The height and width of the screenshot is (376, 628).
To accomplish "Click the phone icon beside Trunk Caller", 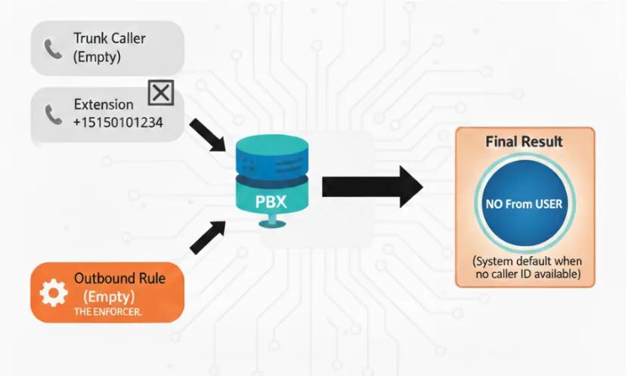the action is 53,49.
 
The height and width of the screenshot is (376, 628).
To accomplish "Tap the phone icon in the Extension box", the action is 53,115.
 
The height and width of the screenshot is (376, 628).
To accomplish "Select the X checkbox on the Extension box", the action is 161,93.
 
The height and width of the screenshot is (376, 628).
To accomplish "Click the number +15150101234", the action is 118,122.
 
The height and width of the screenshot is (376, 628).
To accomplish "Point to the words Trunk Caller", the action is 110,39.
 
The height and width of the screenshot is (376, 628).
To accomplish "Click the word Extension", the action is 104,104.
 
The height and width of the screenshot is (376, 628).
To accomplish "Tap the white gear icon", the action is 54,293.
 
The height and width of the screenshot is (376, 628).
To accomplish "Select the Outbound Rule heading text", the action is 119,278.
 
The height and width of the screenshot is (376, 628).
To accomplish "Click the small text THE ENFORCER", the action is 108,312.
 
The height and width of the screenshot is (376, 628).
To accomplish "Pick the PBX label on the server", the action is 271,202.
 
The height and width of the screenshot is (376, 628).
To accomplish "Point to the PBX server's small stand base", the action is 272,221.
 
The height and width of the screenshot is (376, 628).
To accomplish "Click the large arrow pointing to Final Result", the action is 373,186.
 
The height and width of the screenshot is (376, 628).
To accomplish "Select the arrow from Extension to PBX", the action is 209,135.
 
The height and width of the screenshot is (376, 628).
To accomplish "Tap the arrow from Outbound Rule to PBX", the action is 208,238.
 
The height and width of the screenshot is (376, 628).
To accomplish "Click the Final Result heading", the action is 524,142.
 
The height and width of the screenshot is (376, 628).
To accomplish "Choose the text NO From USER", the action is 524,204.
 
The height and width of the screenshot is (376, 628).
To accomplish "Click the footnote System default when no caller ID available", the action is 527,267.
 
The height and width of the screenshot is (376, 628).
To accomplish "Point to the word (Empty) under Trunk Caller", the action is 97,57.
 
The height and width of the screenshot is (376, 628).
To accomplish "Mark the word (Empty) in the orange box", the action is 109,297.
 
